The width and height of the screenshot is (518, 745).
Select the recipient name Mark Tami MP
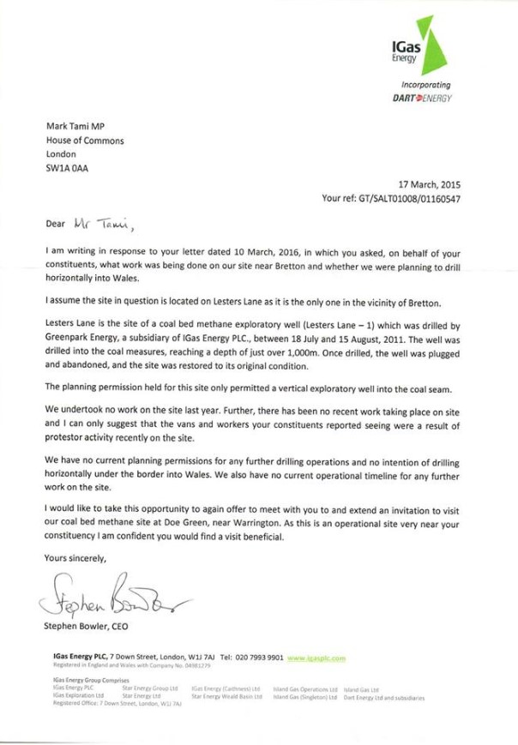pos(75,126)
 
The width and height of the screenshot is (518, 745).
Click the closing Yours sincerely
pos(76,558)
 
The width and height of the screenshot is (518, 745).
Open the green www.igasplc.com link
pos(316,658)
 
